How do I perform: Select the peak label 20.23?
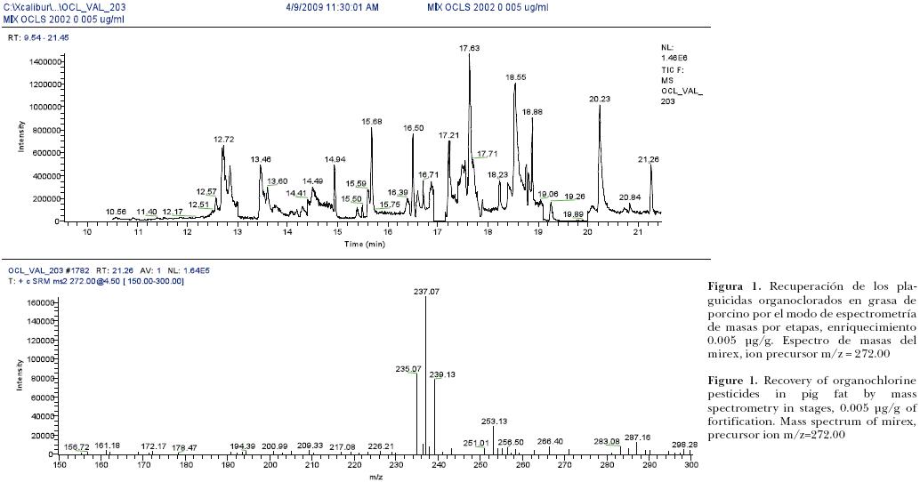click(x=599, y=99)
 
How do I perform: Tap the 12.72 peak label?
click(x=223, y=140)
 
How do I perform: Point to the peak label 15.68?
click(x=371, y=121)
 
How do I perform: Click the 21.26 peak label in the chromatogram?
click(x=649, y=159)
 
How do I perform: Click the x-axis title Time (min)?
click(x=365, y=243)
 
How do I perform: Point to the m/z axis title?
click(x=375, y=477)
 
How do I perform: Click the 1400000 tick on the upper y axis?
click(x=44, y=62)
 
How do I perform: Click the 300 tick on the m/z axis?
click(x=690, y=464)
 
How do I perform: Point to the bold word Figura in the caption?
click(x=725, y=287)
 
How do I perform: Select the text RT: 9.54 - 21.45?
click(x=38, y=38)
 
